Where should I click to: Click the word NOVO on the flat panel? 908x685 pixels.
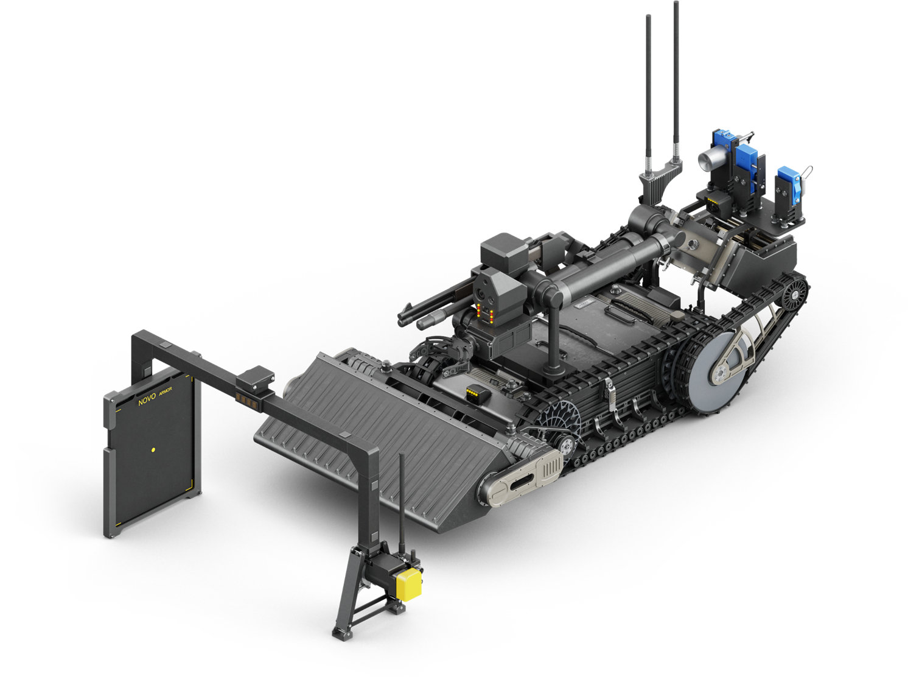tap(147, 401)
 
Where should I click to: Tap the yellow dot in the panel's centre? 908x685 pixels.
tap(153, 450)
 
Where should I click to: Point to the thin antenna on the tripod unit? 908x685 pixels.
tap(401, 499)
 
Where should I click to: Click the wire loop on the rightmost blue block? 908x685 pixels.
tap(806, 172)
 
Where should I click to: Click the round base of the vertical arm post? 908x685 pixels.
tap(553, 368)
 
